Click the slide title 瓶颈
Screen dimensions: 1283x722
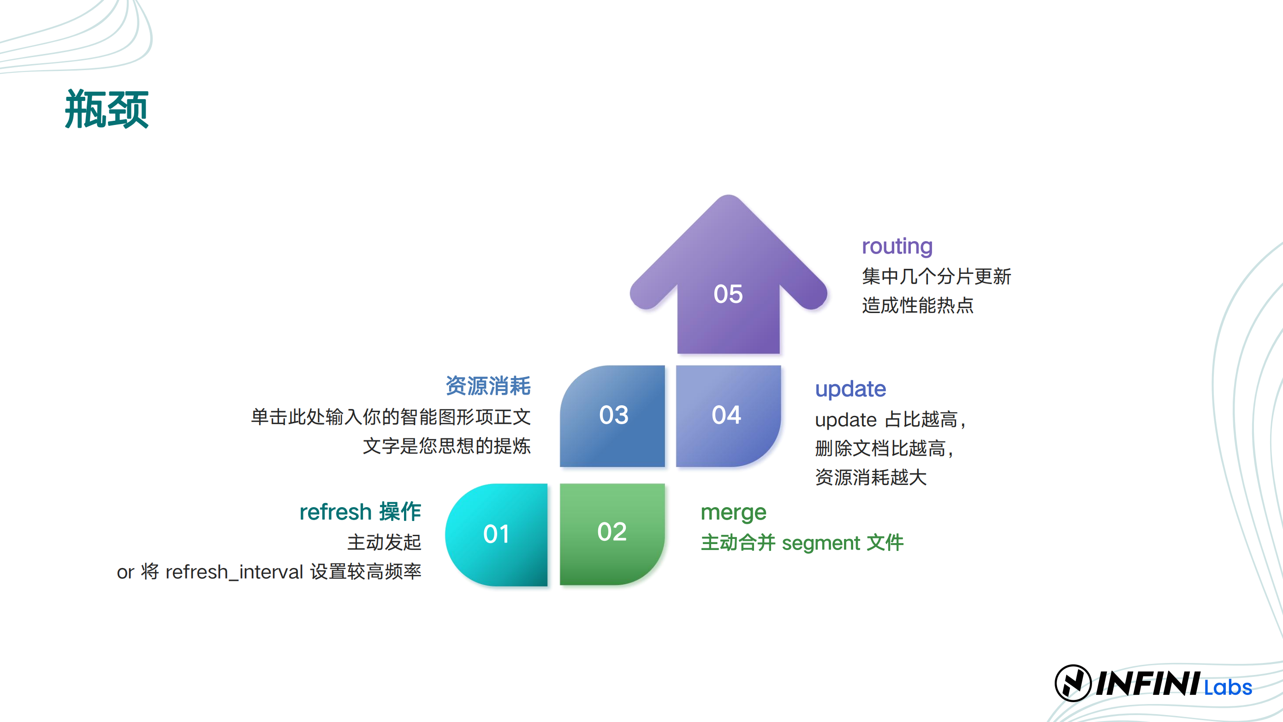(x=107, y=109)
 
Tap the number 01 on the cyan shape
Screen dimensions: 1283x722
(x=496, y=534)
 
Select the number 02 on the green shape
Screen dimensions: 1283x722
(x=612, y=532)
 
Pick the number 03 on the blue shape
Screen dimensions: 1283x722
(x=614, y=415)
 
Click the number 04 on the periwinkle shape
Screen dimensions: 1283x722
(x=726, y=415)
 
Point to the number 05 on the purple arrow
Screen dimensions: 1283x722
(x=728, y=294)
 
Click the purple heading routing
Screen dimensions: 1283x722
(x=897, y=247)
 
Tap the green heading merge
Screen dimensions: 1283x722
(x=733, y=513)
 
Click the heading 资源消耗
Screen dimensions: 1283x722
(x=488, y=386)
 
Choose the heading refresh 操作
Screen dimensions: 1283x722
(x=360, y=512)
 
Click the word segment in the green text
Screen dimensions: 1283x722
(x=821, y=543)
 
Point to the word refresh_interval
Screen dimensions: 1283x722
(x=234, y=572)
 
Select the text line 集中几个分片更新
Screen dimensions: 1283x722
(x=936, y=276)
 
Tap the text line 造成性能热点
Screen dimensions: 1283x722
(x=917, y=305)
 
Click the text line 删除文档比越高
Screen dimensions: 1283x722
(x=880, y=448)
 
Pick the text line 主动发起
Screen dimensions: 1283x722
(x=384, y=542)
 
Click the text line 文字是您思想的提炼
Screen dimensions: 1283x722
(x=447, y=446)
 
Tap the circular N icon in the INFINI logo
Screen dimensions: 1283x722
(x=1073, y=683)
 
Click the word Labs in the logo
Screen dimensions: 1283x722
(x=1228, y=687)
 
